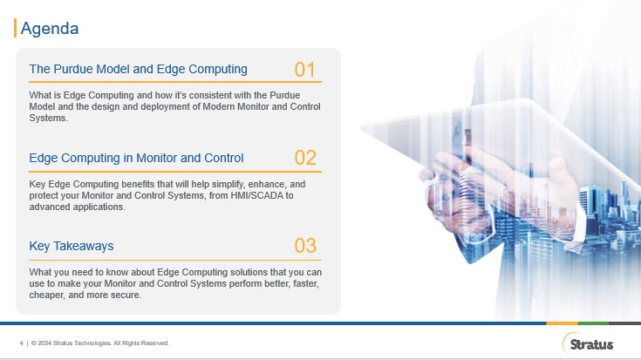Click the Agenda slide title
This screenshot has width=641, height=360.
coord(50,28)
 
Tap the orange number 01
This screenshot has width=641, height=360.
coord(304,70)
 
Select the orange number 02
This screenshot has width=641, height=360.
coord(305,158)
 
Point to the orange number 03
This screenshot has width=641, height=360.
coord(305,246)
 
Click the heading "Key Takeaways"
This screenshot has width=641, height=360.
coord(72,246)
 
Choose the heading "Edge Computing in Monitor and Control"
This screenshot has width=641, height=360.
coord(136,158)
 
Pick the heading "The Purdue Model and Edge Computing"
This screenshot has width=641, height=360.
coord(138,69)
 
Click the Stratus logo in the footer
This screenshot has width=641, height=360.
coord(589,343)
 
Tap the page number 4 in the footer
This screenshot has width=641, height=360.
coord(21,343)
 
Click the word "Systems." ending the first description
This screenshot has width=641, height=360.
coord(48,118)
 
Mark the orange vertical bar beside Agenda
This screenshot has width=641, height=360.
coord(15,28)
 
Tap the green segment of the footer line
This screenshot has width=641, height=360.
coord(593,323)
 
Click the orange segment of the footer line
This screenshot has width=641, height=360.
coord(562,323)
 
